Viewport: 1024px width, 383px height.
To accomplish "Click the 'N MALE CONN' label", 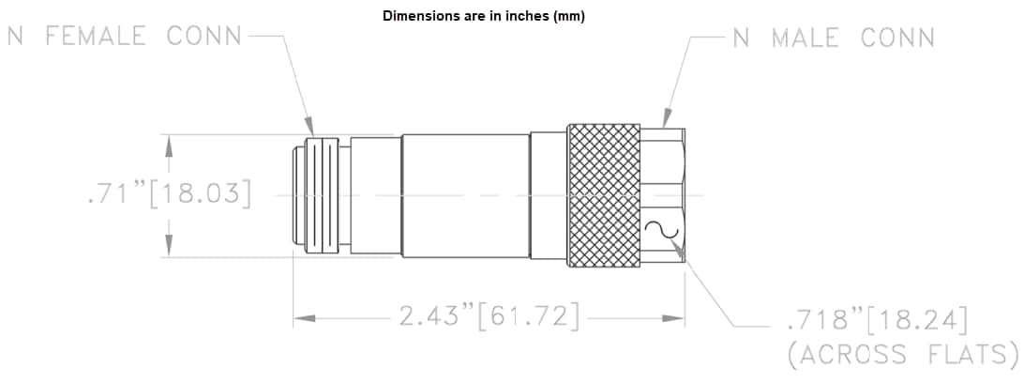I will coord(834,38).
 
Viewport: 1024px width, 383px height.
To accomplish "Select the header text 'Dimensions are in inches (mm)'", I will coord(483,16).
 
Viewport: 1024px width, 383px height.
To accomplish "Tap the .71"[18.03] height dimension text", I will coord(169,195).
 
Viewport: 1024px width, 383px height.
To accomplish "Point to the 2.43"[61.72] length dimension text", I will coord(489,316).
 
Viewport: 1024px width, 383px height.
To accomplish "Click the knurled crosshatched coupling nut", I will coord(604,195).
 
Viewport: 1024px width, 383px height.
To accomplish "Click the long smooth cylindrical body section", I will coord(465,195).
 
